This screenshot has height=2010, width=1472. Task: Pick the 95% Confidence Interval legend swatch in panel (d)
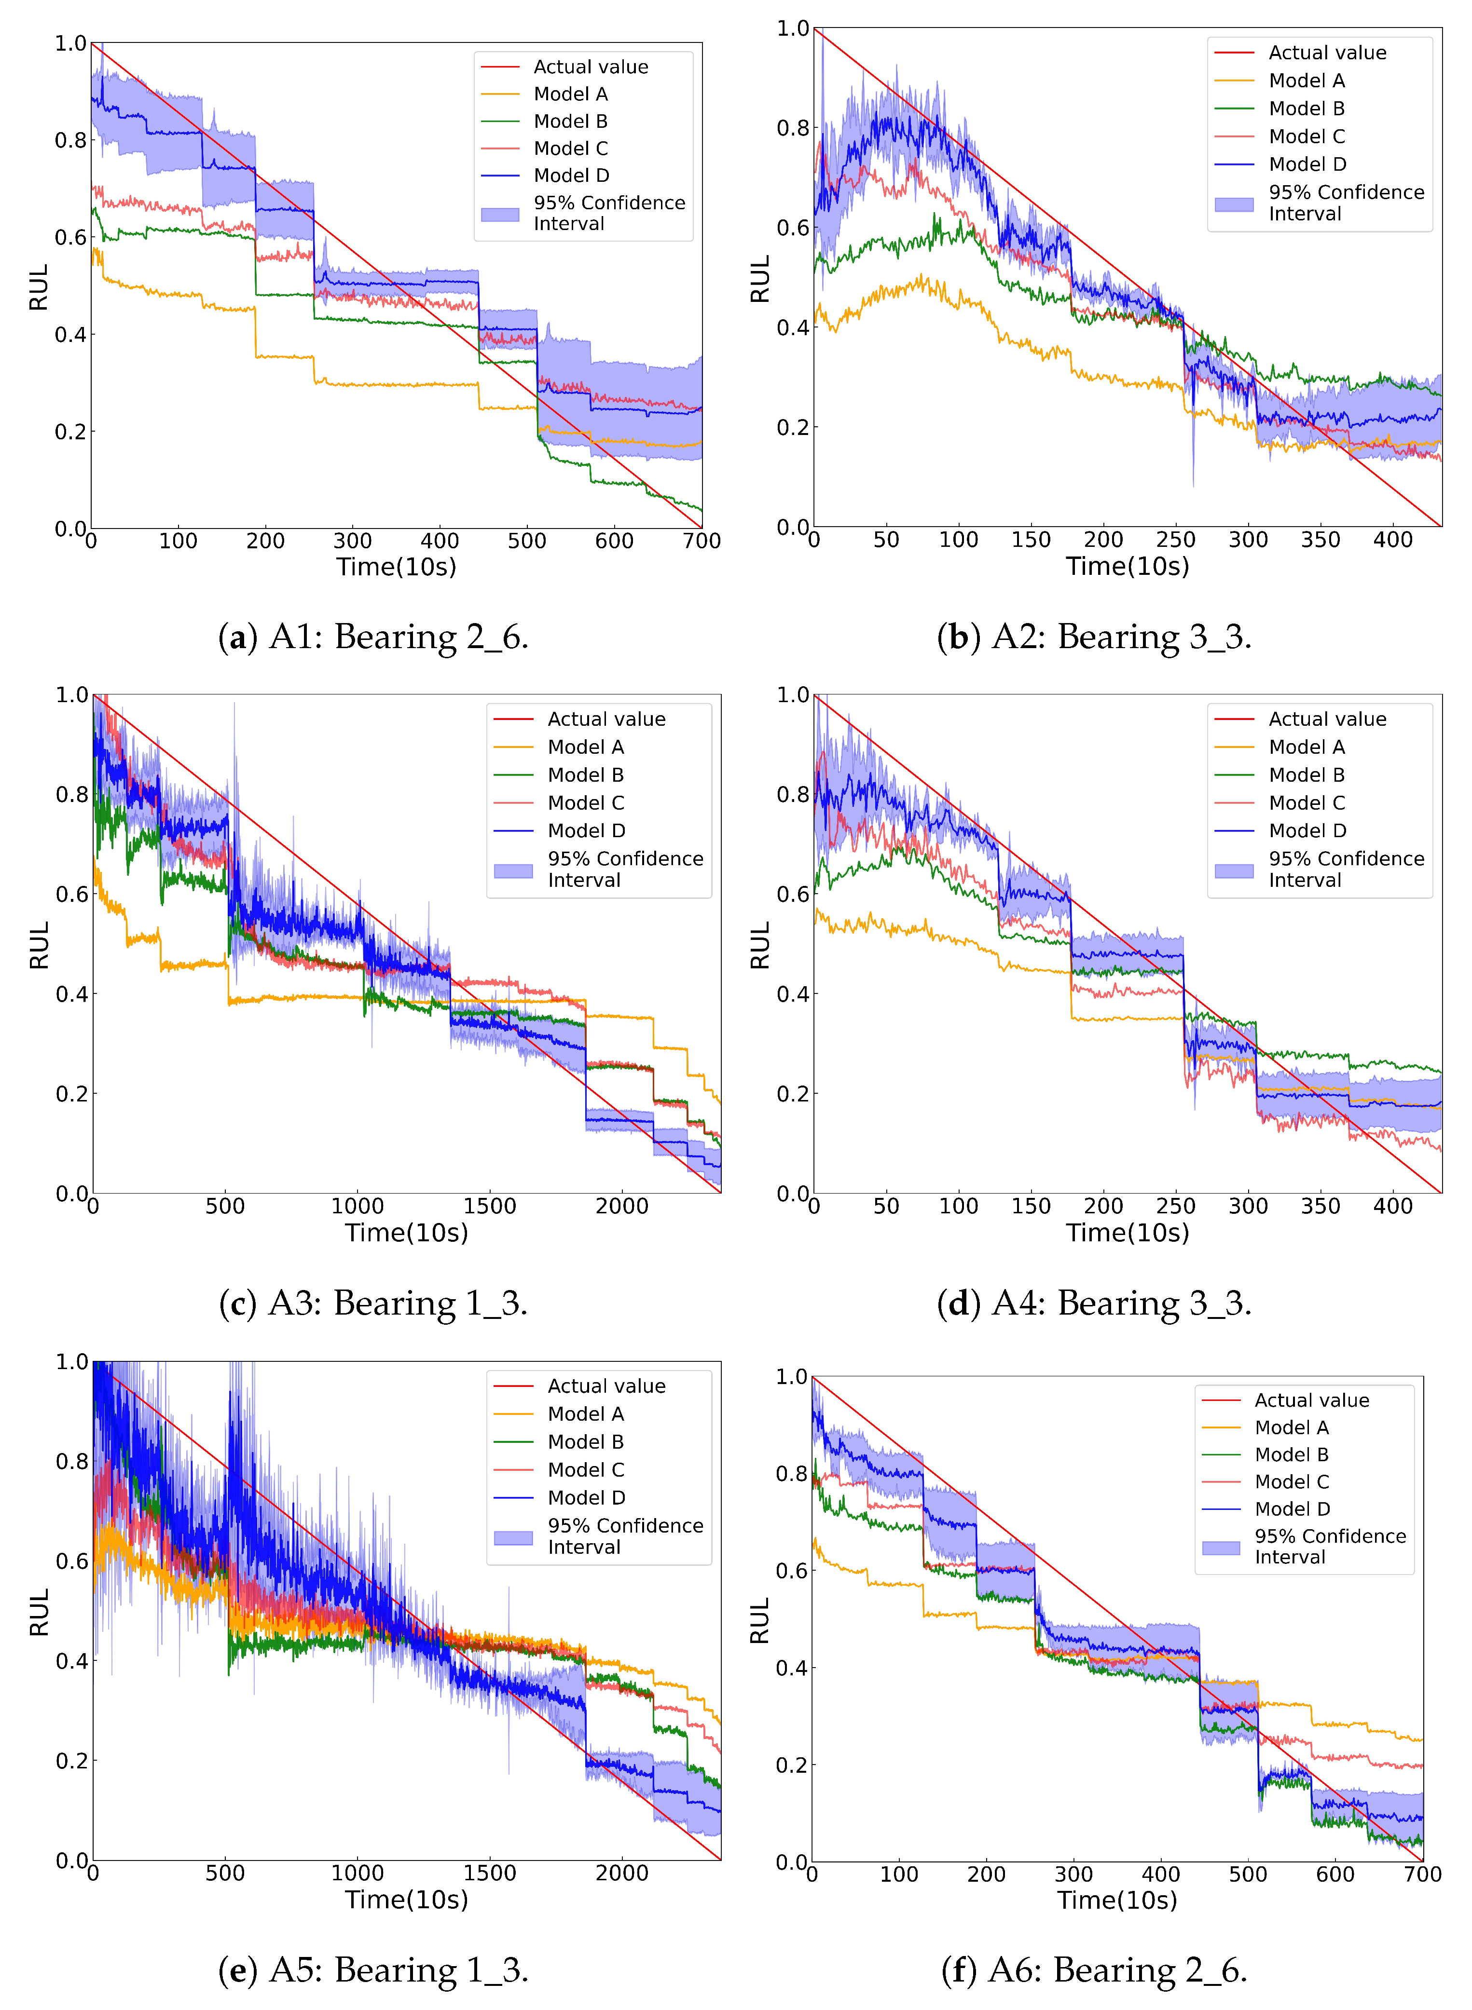point(1234,870)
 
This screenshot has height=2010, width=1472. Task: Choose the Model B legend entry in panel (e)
point(585,1442)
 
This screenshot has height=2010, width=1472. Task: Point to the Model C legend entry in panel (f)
point(1291,1482)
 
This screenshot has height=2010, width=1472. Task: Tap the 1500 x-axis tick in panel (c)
point(489,1207)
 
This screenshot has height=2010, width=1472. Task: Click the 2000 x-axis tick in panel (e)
point(621,1873)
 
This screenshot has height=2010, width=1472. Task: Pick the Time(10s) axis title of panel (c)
point(406,1234)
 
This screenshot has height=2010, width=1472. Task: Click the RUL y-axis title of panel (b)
point(759,279)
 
